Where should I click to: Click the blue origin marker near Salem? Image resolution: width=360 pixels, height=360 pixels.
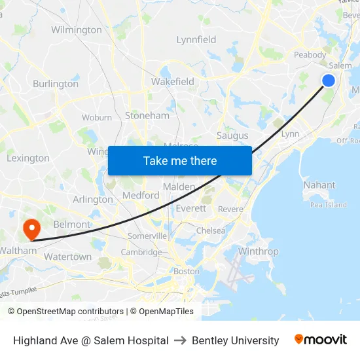point(329,80)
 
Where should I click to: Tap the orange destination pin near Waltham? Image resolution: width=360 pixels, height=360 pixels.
point(31,228)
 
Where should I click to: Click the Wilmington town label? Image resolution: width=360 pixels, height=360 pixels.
point(77,29)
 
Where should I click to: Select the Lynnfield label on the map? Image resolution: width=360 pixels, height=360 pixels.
point(196,39)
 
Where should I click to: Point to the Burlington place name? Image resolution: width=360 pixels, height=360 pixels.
point(56,84)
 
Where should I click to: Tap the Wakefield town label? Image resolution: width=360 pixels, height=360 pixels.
point(173,82)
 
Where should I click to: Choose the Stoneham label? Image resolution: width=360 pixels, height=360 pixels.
point(147,115)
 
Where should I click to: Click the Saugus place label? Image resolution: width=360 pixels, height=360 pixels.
point(232,135)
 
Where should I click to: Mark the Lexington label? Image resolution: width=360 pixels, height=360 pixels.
point(28,158)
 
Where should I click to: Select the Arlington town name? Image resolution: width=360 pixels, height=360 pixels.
point(93,200)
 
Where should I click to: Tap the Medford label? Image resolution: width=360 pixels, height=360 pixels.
point(141,195)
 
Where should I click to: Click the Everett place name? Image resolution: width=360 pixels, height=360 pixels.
point(191,208)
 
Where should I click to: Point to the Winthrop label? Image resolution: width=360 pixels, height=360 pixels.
point(259,251)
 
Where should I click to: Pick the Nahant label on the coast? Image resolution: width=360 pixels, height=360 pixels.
point(319,185)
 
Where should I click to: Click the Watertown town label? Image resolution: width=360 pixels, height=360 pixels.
point(67,257)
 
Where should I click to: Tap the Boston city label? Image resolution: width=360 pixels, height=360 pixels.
point(186,271)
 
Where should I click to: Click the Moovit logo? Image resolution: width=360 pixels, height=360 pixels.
point(320,340)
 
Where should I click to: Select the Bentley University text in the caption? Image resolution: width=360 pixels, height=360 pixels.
point(236,340)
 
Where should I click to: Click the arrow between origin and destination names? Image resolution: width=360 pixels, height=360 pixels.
point(180,340)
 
